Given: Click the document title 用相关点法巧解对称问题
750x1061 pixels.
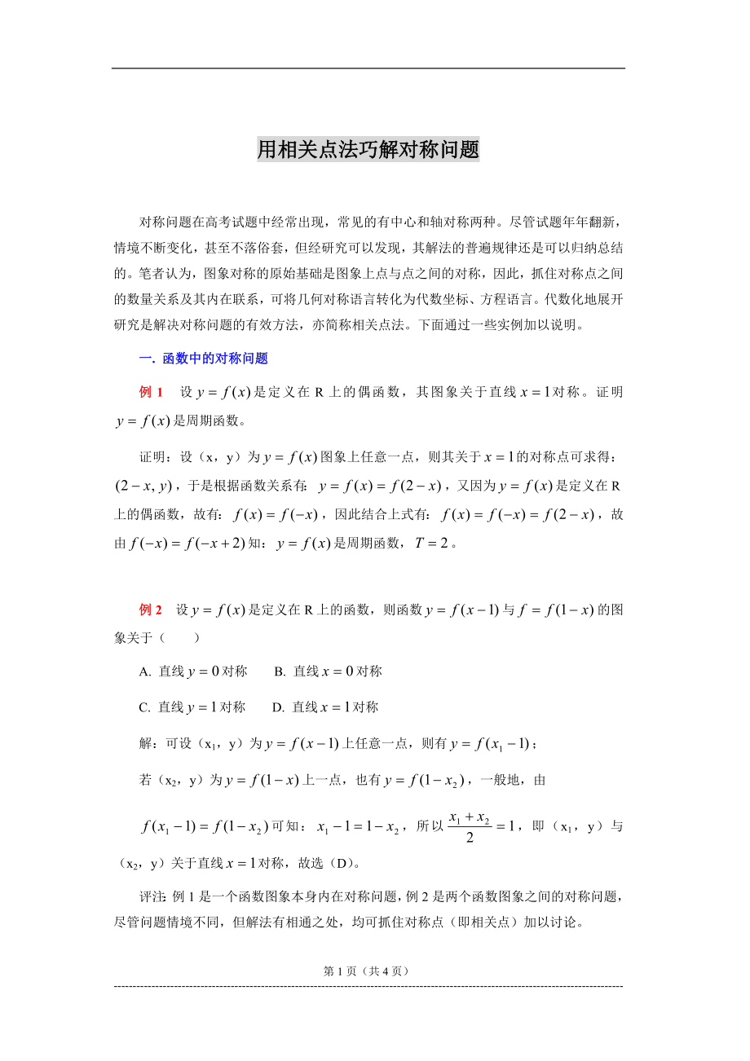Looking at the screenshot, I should [368, 150].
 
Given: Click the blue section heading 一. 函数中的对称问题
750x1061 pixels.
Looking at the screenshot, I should [204, 358].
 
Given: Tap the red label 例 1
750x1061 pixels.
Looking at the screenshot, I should [152, 392].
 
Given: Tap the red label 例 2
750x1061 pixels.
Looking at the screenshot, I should [151, 610].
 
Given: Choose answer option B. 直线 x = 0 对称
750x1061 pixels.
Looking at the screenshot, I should [328, 671].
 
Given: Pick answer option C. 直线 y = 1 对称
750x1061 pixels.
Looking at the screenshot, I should [192, 707].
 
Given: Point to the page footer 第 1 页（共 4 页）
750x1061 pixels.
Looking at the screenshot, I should [366, 971].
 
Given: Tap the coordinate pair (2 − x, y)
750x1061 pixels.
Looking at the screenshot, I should [143, 486].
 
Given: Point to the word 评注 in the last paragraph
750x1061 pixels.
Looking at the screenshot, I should [153, 896].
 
